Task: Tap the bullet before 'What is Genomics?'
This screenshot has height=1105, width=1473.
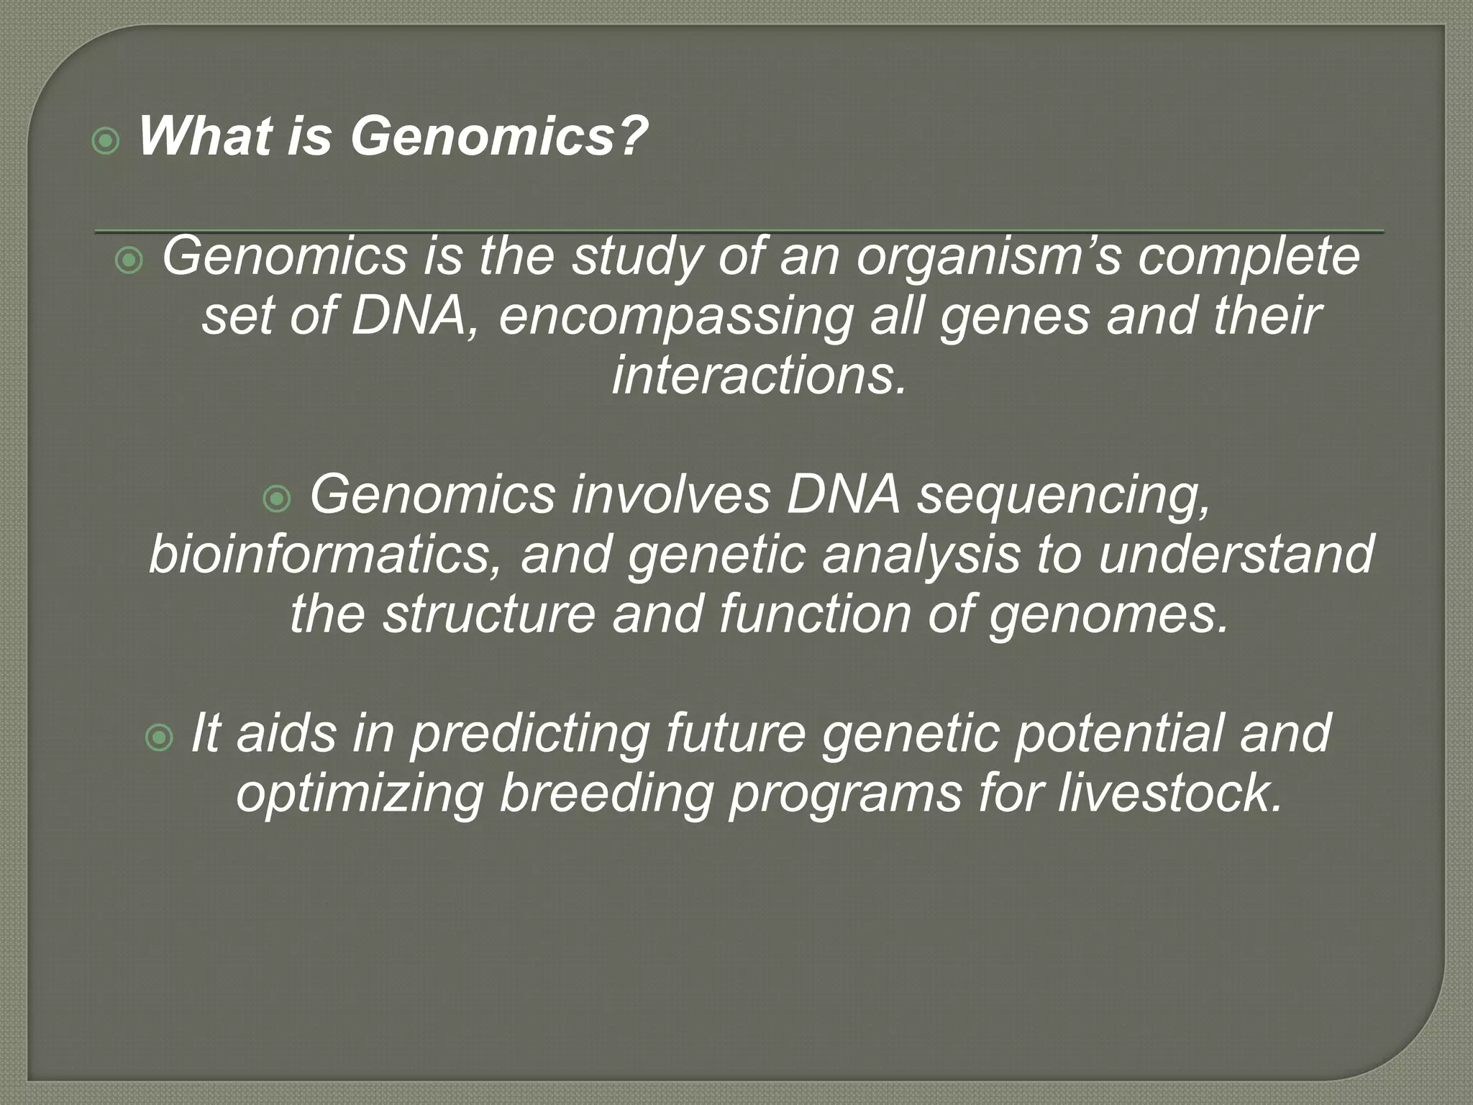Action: click(106, 142)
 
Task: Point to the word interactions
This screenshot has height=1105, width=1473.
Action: click(758, 377)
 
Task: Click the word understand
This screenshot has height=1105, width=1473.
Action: click(1236, 555)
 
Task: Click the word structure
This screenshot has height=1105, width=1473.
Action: click(489, 616)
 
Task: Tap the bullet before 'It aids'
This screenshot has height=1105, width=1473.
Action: click(159, 737)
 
